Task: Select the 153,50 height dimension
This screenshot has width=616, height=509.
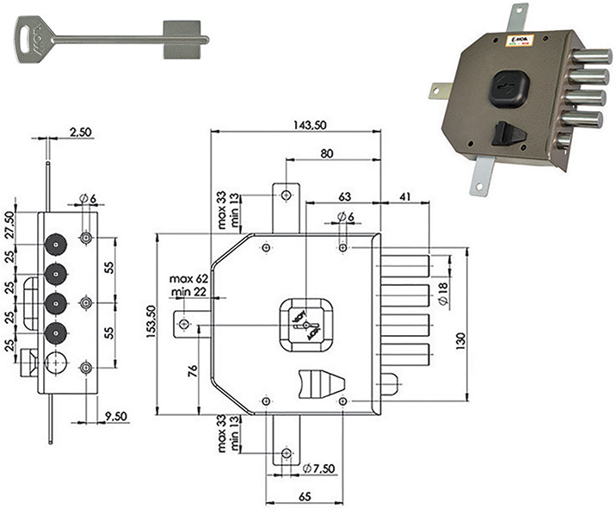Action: [x=150, y=321]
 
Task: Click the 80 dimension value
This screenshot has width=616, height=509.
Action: [x=328, y=154]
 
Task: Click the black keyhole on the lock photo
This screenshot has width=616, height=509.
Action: [x=508, y=88]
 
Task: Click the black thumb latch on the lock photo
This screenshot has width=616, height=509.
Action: [x=504, y=134]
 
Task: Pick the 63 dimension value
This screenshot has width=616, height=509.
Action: [x=343, y=197]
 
